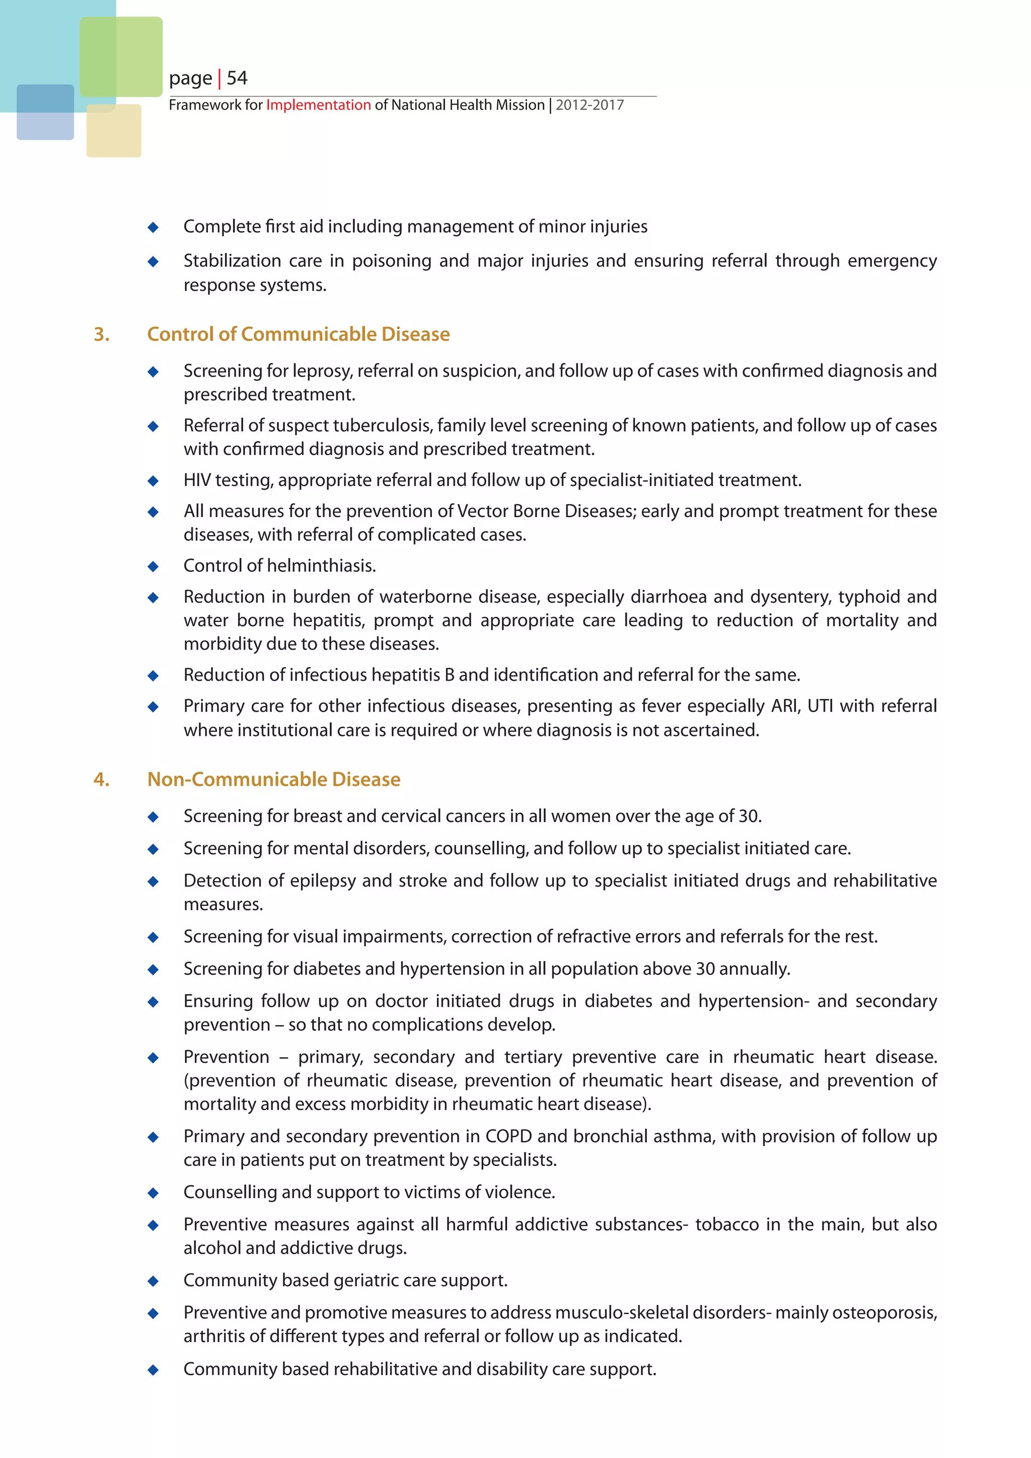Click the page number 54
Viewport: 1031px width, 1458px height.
click(x=237, y=78)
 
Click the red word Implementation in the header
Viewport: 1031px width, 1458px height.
click(x=318, y=105)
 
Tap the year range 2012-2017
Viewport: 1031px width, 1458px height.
click(x=590, y=105)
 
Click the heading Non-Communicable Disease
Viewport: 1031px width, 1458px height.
click(x=274, y=779)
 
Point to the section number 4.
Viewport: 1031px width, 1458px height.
click(x=102, y=779)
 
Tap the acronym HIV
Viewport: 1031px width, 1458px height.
click(x=197, y=480)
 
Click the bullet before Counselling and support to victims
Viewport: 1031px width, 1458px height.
click(x=153, y=1193)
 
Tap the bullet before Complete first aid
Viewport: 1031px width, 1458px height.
click(x=153, y=228)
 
